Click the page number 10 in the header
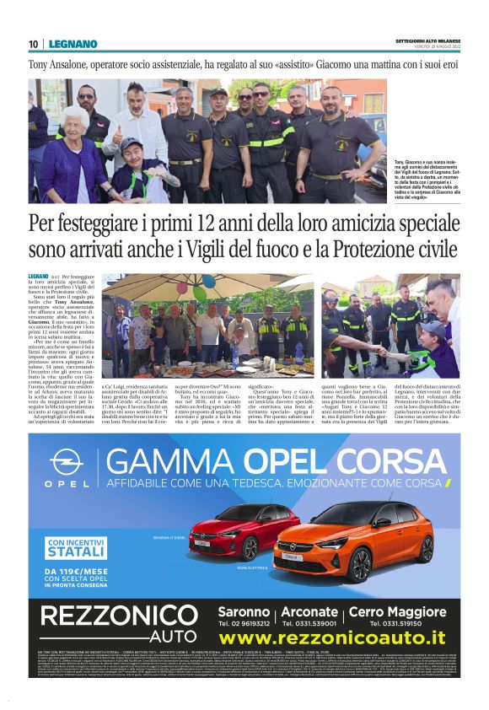[x=33, y=44]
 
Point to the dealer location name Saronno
[x=244, y=610]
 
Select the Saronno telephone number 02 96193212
[x=243, y=623]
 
